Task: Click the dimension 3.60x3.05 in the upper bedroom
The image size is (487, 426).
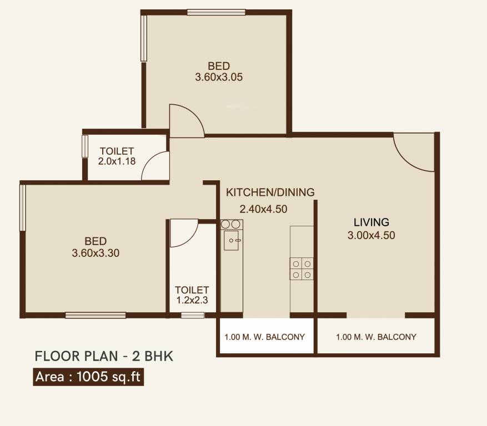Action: pyautogui.click(x=218, y=77)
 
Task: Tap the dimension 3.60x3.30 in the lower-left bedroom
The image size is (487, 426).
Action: pyautogui.click(x=96, y=253)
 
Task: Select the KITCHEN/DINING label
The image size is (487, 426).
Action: pyautogui.click(x=270, y=192)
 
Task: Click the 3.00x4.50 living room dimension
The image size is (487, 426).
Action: pyautogui.click(x=371, y=235)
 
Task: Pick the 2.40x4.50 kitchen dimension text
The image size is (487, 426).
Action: pyautogui.click(x=263, y=209)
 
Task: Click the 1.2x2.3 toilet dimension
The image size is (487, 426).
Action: pyautogui.click(x=192, y=301)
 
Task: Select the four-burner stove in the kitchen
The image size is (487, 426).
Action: pyautogui.click(x=301, y=269)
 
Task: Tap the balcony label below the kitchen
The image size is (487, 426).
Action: pyautogui.click(x=264, y=337)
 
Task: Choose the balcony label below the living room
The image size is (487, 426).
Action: pyautogui.click(x=376, y=337)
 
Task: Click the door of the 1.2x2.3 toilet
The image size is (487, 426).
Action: pyautogui.click(x=184, y=234)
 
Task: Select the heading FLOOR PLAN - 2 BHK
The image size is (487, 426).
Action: pyautogui.click(x=104, y=356)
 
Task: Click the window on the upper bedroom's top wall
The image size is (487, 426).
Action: pyautogui.click(x=216, y=12)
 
